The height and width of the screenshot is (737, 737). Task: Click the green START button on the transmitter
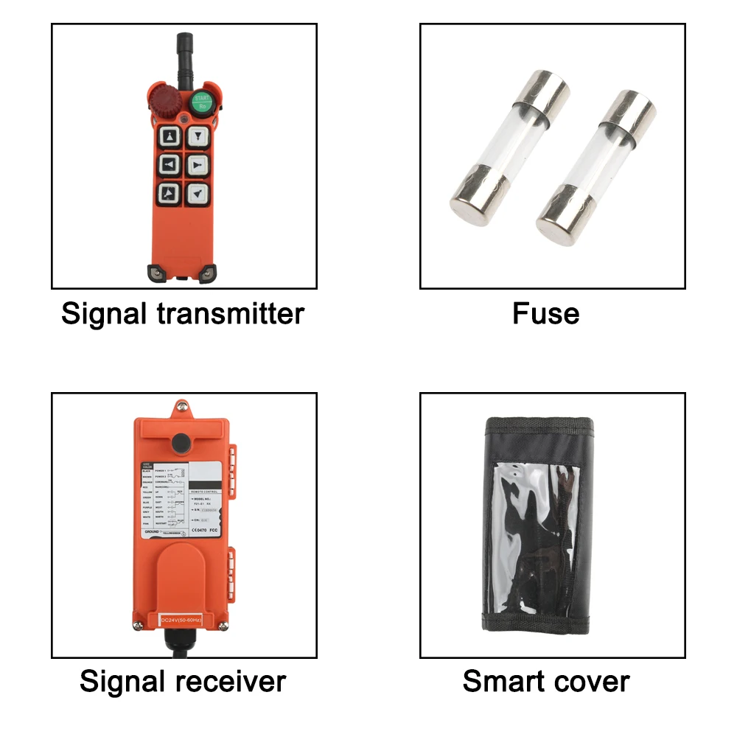pyautogui.click(x=200, y=102)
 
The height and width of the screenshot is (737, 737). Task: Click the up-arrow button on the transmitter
pyautogui.click(x=170, y=137)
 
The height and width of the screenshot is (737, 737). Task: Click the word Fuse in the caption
pyautogui.click(x=545, y=314)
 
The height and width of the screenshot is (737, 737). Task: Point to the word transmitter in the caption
pyautogui.click(x=231, y=314)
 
